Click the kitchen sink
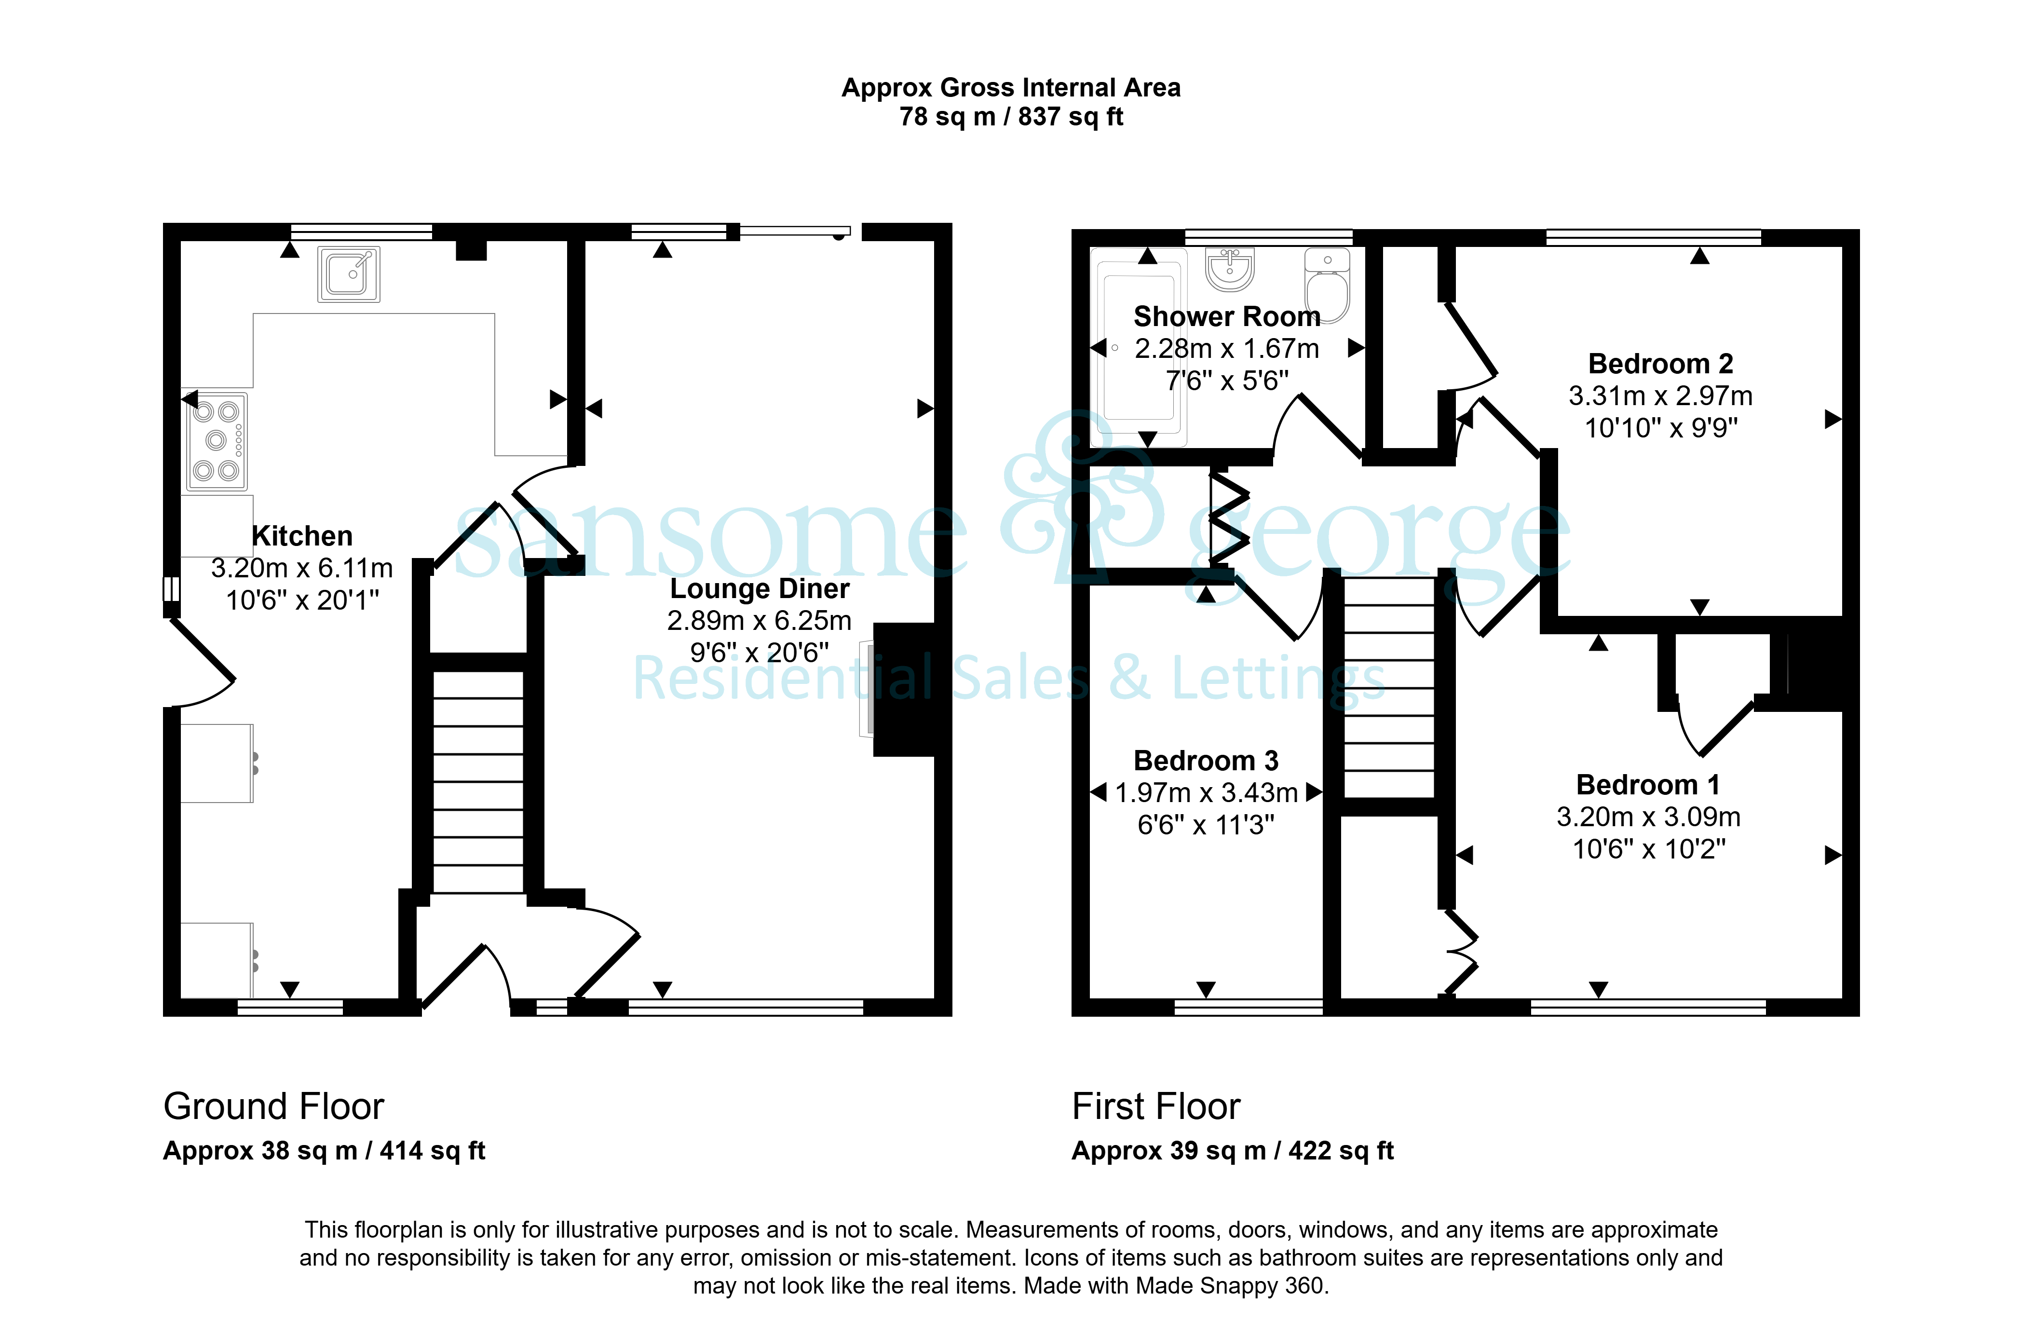point(348,274)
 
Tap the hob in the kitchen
point(217,441)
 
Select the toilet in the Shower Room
point(1327,286)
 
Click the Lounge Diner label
point(760,589)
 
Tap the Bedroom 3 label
point(1206,760)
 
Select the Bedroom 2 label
point(1660,364)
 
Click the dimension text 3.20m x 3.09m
point(1648,817)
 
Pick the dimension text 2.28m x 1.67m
point(1226,349)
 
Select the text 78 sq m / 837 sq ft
point(1011,117)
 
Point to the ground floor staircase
point(478,782)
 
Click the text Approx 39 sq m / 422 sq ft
point(1233,1151)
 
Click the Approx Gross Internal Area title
point(1011,88)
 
